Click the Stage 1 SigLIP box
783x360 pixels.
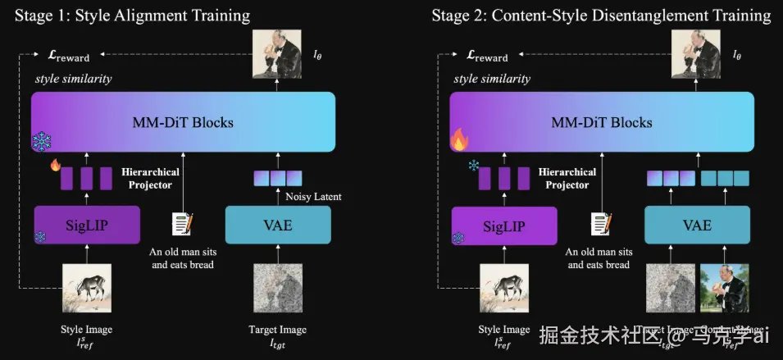click(x=86, y=225)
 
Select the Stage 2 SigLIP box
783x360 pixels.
click(x=504, y=225)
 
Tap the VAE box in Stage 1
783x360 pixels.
click(x=277, y=225)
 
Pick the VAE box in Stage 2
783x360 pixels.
click(x=697, y=225)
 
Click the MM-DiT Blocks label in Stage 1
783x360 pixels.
click(x=183, y=123)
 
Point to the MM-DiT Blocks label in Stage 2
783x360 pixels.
click(x=601, y=123)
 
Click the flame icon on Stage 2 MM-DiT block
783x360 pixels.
click(x=460, y=139)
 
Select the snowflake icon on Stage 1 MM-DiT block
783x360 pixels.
click(x=41, y=141)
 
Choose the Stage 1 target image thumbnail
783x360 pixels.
click(x=277, y=289)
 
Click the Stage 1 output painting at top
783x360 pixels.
click(x=275, y=52)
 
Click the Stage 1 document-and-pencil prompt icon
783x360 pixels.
click(x=182, y=223)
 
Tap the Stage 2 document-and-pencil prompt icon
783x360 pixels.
click(x=600, y=223)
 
